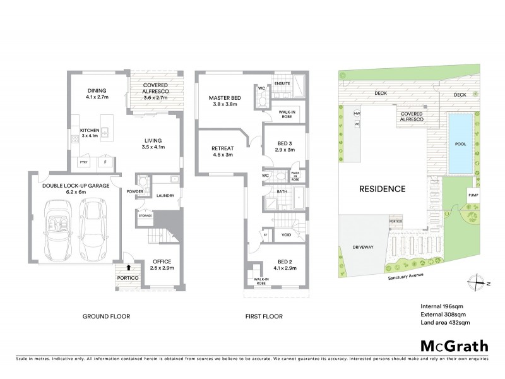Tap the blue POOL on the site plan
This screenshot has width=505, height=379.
coord(461,143)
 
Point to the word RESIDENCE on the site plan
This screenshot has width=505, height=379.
coord(383,188)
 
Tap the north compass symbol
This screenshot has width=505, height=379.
coord(478,284)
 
